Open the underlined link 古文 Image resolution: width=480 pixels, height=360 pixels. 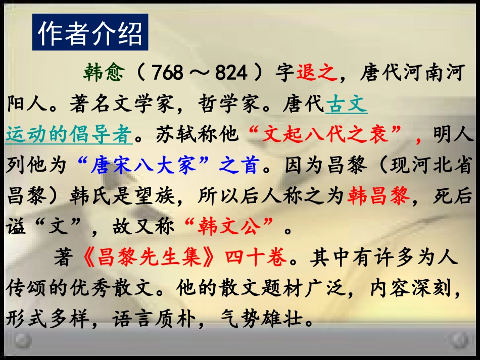pyautogui.click(x=346, y=105)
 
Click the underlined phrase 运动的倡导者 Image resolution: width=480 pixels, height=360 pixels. pyautogui.click(x=69, y=135)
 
